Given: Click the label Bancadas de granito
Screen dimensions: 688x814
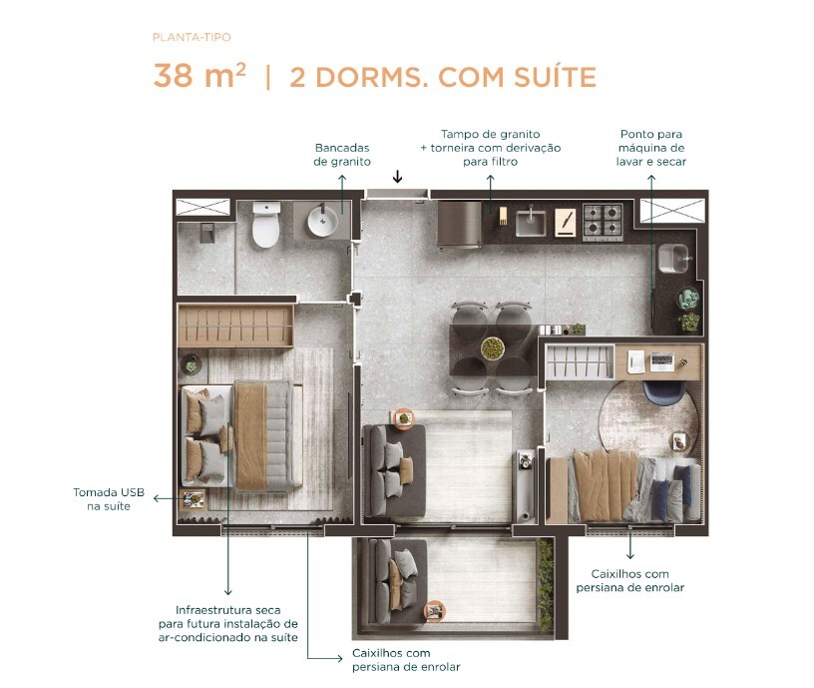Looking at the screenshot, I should point(342,153).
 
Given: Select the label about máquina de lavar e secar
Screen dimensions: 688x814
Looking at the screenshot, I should point(651,147).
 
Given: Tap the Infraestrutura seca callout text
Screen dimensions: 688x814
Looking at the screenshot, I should point(228,623).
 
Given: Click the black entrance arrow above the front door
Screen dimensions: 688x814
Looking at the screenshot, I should point(397,177).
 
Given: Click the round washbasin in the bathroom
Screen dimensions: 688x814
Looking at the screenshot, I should point(323,221).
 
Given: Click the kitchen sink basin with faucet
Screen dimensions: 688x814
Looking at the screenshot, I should point(531,221).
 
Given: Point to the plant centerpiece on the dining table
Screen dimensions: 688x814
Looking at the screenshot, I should point(492,347).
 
